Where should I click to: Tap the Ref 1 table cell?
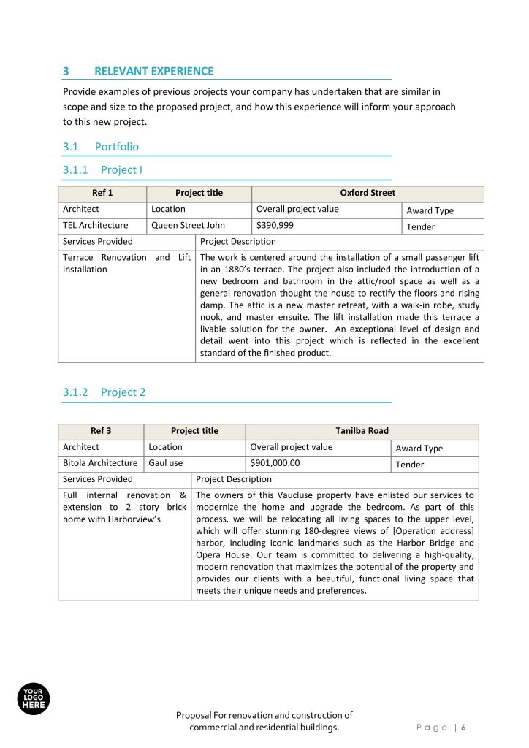pos(102,193)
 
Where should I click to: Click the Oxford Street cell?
pos(368,193)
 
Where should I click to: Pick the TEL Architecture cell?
pos(96,225)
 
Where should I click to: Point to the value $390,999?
pos(275,225)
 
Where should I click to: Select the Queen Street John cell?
pos(188,225)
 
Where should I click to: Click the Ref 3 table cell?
pos(101,431)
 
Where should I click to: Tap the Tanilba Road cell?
pos(362,431)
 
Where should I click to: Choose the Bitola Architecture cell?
pos(100,463)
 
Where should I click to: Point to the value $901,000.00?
pos(275,463)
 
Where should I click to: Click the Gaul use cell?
pos(166,463)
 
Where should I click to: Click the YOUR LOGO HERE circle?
pos(33,699)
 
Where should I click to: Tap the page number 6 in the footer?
pos(463,728)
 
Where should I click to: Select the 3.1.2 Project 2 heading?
pos(104,392)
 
